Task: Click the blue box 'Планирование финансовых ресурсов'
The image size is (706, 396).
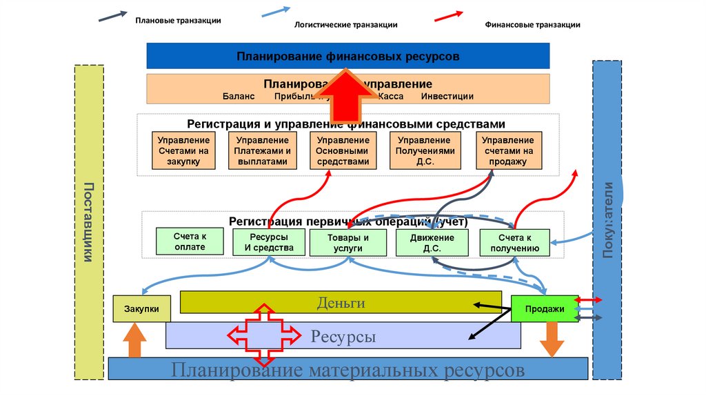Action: (x=347, y=55)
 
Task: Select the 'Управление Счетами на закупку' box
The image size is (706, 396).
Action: (x=183, y=151)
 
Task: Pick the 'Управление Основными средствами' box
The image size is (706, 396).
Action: (x=343, y=151)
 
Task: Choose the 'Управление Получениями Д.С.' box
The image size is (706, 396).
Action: (x=425, y=151)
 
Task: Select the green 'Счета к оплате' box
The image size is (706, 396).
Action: (x=190, y=241)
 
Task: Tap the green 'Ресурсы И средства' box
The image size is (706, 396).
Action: (x=269, y=242)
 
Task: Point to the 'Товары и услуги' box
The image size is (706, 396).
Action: (x=348, y=243)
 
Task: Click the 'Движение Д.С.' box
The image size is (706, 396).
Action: (x=432, y=243)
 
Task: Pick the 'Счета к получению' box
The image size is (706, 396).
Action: (x=514, y=243)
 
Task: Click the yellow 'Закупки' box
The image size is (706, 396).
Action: (x=141, y=308)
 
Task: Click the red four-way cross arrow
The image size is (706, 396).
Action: (x=264, y=335)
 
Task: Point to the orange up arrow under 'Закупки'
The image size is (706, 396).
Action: (x=134, y=341)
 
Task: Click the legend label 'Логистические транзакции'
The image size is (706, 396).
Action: (x=346, y=25)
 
